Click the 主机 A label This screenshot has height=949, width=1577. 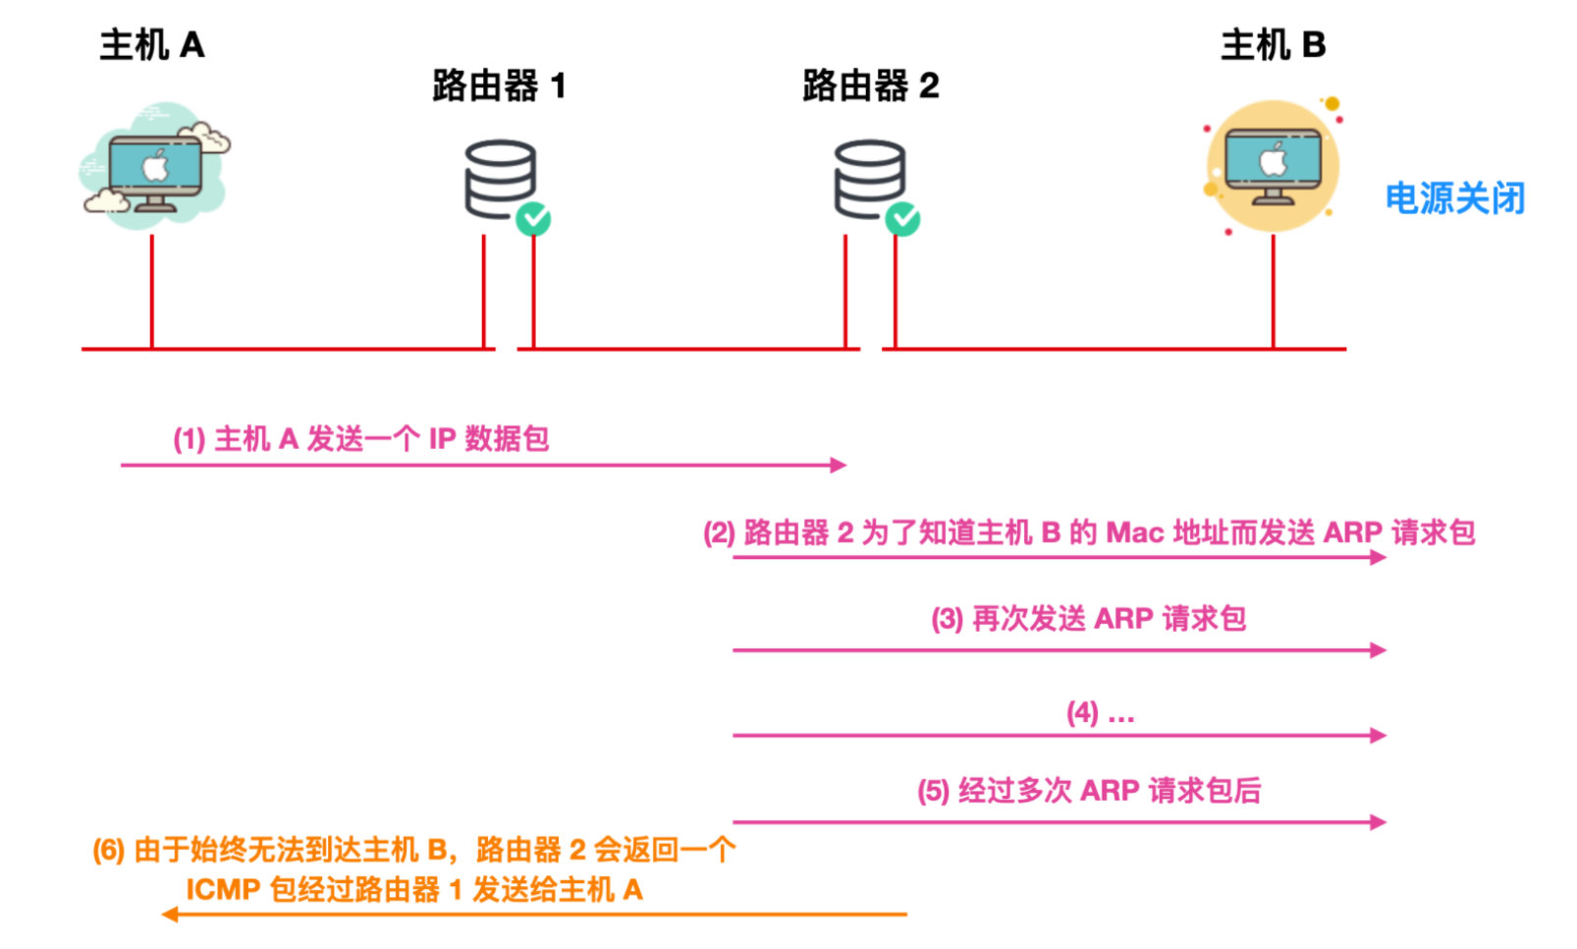coord(151,45)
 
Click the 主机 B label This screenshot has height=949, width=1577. coord(1273,45)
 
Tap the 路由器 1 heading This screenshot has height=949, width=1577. coord(499,86)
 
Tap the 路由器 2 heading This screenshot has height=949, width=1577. coord(870,86)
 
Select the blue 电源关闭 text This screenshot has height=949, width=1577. coord(1454,199)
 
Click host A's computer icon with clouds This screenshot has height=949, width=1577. coord(154,167)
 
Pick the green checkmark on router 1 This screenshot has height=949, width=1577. coord(533,218)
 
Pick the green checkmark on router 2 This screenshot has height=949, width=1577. coord(902,218)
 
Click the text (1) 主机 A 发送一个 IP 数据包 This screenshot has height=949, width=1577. coord(360,438)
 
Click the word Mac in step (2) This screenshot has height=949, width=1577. coord(1134,533)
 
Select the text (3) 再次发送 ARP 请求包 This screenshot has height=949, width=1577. coord(1088,619)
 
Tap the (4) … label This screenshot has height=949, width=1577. coord(1100,713)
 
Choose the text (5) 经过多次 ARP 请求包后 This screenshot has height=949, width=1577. coord(1088,791)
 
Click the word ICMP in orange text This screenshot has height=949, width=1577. coord(223,890)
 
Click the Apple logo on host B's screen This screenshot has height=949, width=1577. coord(1274,160)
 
